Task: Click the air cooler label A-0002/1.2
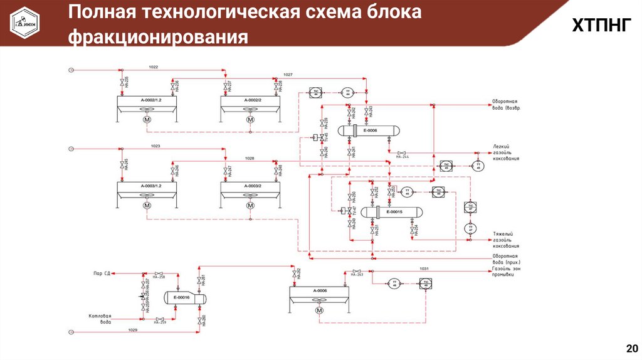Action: (147, 100)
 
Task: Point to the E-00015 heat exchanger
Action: (394, 212)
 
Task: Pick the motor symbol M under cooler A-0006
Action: (319, 310)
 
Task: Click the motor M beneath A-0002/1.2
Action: (147, 120)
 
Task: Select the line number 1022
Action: (154, 66)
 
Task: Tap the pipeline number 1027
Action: (288, 75)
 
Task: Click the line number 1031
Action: (424, 268)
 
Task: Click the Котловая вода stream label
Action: (100, 319)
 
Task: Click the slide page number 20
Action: (631, 349)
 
